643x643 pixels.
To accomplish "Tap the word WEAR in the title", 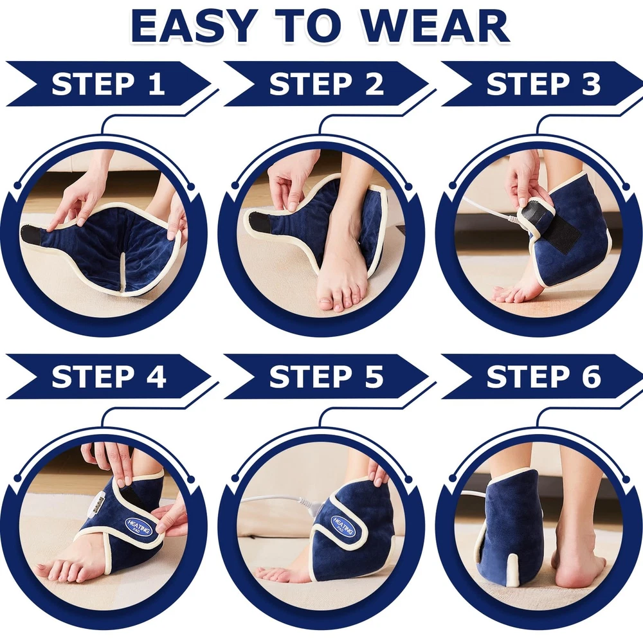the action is click(x=437, y=26).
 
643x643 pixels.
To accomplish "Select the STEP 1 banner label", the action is click(x=108, y=84).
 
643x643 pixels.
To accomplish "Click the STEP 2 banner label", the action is click(x=326, y=84).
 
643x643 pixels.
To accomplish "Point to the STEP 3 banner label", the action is click(x=543, y=84).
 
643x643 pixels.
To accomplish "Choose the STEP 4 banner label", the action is click(x=109, y=376).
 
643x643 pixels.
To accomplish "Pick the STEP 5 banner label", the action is click(x=326, y=376).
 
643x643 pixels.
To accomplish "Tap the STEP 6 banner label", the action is click(x=543, y=376).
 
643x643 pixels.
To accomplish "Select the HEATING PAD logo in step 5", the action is click(x=343, y=526).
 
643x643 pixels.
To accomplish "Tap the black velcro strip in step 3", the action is click(x=564, y=233).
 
